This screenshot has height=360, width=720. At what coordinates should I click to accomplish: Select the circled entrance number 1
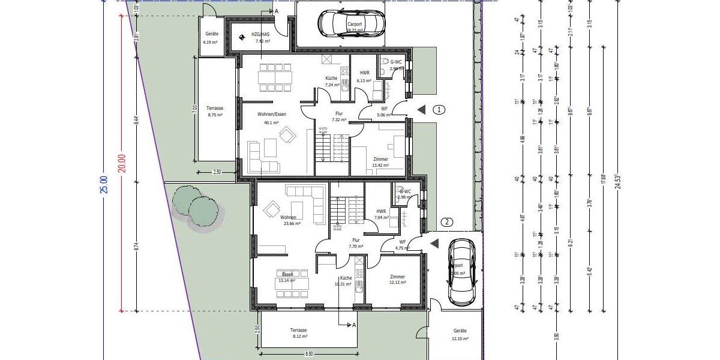coord(440,110)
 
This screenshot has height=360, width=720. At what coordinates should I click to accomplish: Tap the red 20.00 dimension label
coord(122,163)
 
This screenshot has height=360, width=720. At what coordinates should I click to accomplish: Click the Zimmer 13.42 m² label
coord(380,162)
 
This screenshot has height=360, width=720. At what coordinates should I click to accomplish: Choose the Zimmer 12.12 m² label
coord(397,280)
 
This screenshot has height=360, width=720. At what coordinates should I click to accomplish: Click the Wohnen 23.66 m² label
coord(292,220)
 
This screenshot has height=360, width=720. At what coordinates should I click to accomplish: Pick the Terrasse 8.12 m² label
coord(298,333)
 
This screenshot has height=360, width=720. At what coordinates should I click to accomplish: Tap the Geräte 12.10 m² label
coord(460,334)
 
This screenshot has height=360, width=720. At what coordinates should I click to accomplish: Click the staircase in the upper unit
coord(332,148)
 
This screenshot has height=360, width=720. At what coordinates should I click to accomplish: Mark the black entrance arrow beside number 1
coord(422,110)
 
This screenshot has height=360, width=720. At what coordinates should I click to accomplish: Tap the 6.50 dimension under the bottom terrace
coord(309,355)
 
